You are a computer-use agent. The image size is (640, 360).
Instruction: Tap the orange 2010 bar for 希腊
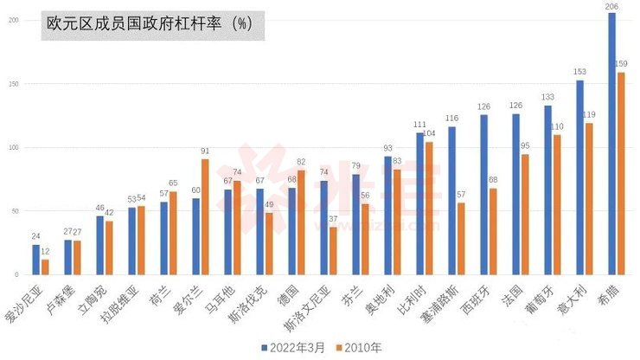620,173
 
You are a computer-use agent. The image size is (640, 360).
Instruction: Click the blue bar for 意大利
579,177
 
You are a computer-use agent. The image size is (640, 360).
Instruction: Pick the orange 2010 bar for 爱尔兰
205,216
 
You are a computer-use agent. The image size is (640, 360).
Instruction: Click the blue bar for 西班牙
484,195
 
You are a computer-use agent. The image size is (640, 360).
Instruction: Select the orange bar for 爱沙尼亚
45,267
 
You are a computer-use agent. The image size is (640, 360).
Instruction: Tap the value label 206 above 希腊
611,6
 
